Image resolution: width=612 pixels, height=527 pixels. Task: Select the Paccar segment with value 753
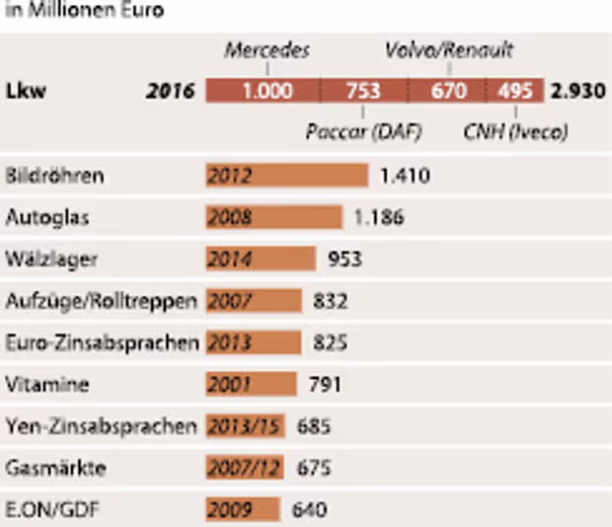point(362,92)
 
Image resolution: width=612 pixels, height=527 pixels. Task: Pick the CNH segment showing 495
point(514,92)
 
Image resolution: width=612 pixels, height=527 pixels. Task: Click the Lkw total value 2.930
point(577,92)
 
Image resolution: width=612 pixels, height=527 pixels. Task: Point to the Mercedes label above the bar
point(267,50)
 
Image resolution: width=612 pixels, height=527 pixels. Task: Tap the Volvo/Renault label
point(449,50)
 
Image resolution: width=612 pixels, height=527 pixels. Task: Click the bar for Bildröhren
point(286,177)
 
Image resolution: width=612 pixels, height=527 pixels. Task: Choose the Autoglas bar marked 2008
point(273,217)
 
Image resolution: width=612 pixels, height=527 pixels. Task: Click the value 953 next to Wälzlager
point(344,259)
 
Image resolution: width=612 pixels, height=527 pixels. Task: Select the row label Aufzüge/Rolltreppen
point(101,300)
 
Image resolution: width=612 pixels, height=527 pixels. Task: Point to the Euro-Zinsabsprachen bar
point(254,342)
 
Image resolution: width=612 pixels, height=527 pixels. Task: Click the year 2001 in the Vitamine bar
point(229,384)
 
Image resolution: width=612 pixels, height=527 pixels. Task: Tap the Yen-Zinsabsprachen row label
point(101,426)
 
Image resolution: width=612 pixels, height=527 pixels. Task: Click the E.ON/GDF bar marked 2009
point(244,510)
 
